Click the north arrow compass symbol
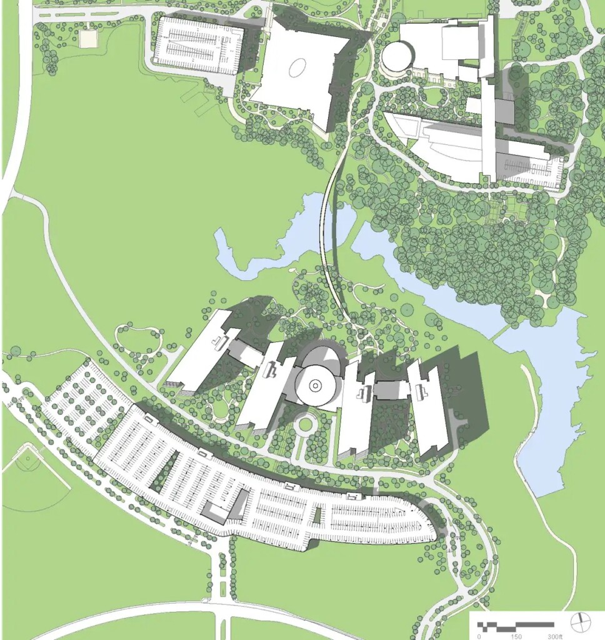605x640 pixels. [581, 622]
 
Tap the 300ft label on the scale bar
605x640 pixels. [554, 636]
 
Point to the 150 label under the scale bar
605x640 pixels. [516, 636]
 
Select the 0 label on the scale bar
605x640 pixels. [479, 636]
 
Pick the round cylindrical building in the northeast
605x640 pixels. [398, 57]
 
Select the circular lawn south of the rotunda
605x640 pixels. [305, 425]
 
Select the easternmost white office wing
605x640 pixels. [429, 406]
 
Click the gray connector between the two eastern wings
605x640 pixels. [391, 390]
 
